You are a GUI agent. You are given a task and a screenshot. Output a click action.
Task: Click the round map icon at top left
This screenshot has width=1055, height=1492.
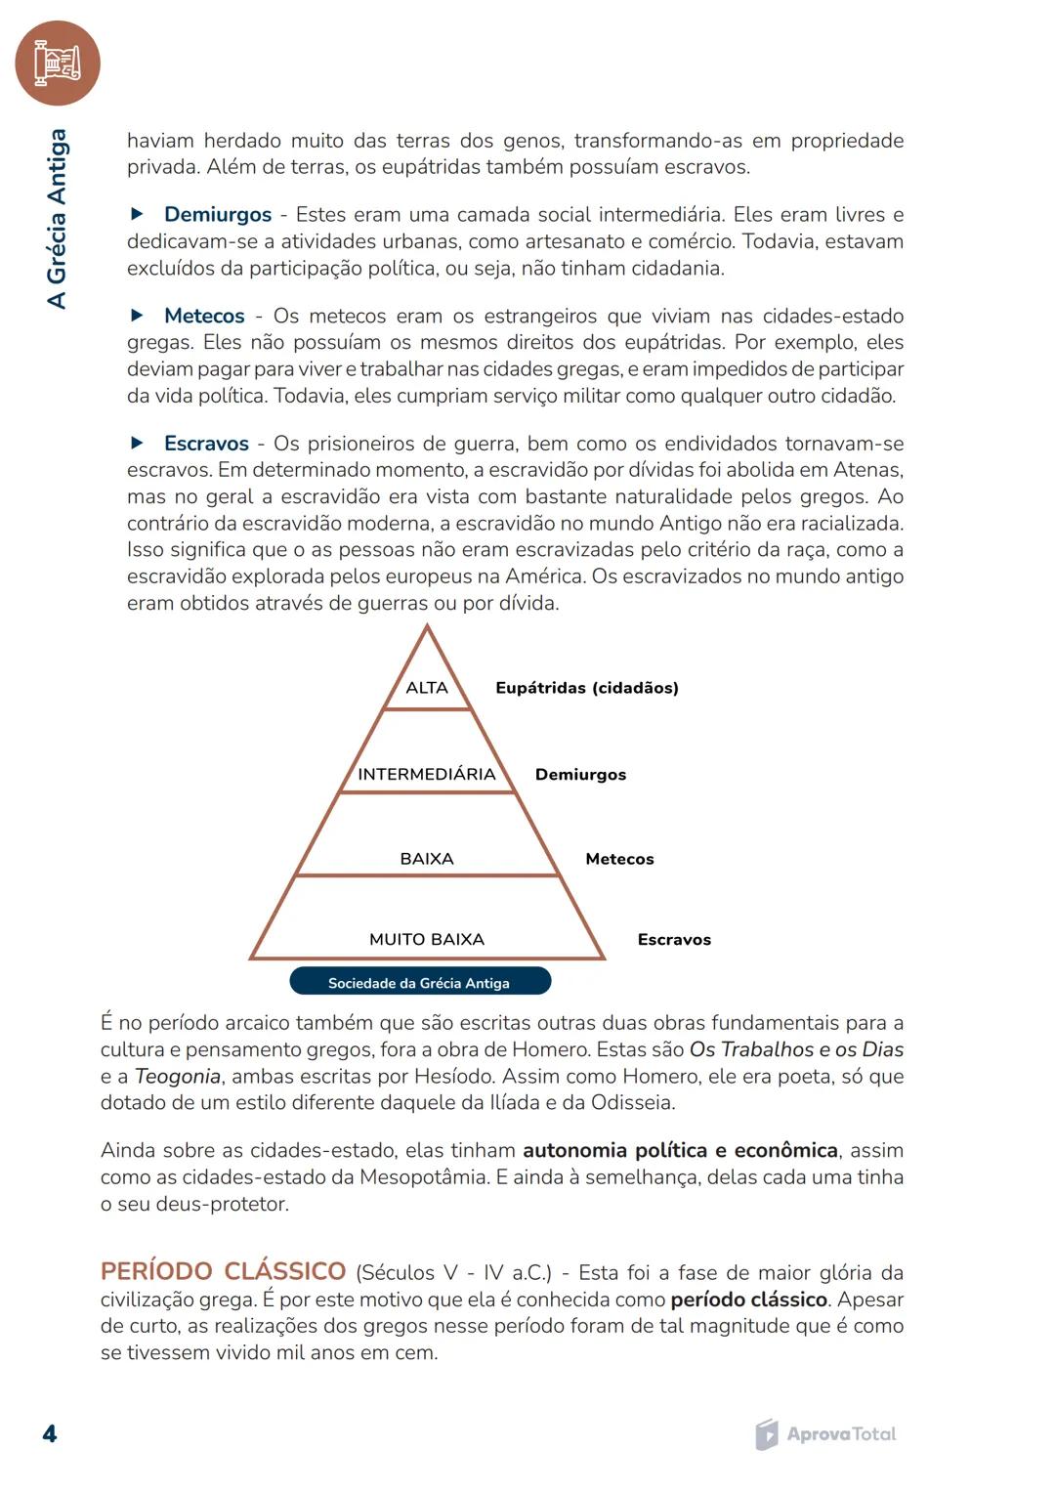pyautogui.click(x=57, y=64)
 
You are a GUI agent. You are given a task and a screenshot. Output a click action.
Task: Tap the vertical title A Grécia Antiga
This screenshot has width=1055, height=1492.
pyautogui.click(x=58, y=219)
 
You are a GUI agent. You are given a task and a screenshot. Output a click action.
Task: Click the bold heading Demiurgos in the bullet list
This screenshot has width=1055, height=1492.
pyautogui.click(x=217, y=215)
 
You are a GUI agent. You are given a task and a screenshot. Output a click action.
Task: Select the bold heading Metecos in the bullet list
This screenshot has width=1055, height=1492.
pyautogui.click(x=204, y=317)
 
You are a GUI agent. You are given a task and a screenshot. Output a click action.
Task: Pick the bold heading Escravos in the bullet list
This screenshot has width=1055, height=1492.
pyautogui.click(x=206, y=444)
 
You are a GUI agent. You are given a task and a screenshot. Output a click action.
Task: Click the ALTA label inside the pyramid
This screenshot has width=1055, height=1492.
pyautogui.click(x=427, y=688)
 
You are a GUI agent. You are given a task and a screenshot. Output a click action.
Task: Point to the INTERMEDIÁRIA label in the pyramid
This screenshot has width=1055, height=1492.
pyautogui.click(x=427, y=775)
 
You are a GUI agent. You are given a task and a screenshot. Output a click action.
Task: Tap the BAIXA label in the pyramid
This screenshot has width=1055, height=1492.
pyautogui.click(x=427, y=859)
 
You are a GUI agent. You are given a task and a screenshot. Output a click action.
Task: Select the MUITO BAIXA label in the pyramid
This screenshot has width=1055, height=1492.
pyautogui.click(x=427, y=940)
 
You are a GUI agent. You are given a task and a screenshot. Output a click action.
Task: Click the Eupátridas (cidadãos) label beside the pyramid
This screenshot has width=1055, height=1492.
pyautogui.click(x=586, y=688)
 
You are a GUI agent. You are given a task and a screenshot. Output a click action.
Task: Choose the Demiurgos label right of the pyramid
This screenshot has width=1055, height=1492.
pyautogui.click(x=580, y=775)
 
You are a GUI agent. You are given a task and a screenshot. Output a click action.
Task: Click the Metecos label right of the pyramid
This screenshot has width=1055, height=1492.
pyautogui.click(x=619, y=860)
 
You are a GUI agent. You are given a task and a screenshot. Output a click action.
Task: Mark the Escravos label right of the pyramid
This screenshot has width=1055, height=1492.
pyautogui.click(x=674, y=940)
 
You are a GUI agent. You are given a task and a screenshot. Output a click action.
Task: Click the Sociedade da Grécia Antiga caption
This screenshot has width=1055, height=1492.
pyautogui.click(x=419, y=983)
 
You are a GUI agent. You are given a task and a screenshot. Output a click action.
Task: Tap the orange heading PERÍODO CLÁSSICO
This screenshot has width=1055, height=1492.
pyautogui.click(x=223, y=1271)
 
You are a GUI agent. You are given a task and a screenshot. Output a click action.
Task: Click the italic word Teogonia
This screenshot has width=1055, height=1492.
pyautogui.click(x=177, y=1077)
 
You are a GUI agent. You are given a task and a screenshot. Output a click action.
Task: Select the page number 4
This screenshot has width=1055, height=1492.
pyautogui.click(x=50, y=1434)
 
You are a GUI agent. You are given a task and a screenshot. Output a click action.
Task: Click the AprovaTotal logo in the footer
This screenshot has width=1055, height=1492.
pyautogui.click(x=825, y=1434)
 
